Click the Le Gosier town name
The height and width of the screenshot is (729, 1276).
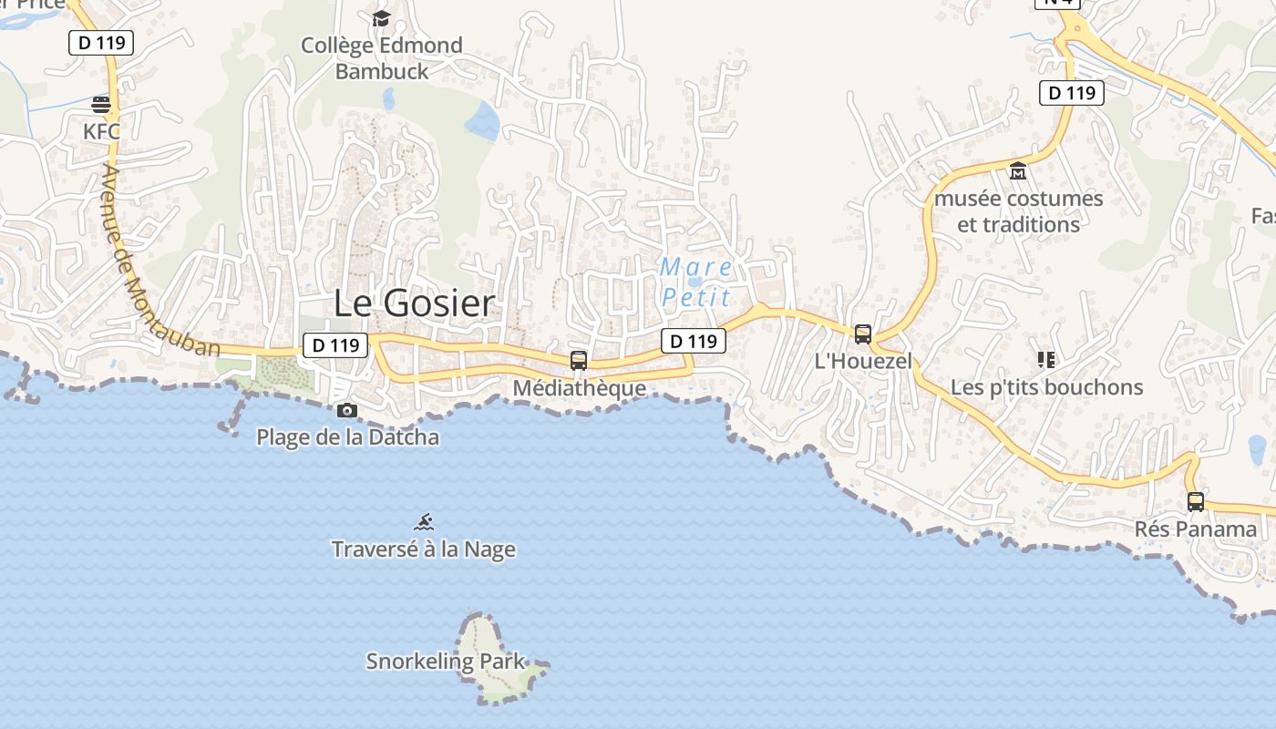point(414,303)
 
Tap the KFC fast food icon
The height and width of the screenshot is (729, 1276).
point(101,103)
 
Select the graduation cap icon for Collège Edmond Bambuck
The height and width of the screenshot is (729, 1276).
point(381,18)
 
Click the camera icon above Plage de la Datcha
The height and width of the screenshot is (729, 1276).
point(347,411)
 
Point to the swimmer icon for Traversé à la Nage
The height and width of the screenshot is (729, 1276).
point(424,522)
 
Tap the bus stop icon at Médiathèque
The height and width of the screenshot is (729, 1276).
point(579,360)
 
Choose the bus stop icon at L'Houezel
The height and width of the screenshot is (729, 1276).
point(863,334)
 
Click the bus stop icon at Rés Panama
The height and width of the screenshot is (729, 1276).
point(1196,501)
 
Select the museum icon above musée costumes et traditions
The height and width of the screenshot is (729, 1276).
point(1018,170)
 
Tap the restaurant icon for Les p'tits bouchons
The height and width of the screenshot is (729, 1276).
point(1046,360)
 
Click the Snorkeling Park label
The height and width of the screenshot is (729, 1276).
point(446,662)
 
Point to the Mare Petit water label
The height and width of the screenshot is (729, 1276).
point(696,282)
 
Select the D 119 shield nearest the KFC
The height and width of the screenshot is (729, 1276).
point(101,42)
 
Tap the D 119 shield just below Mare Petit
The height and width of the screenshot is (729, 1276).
point(693,341)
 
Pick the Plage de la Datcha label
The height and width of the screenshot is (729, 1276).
point(347,437)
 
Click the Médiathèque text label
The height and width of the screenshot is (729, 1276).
point(579,388)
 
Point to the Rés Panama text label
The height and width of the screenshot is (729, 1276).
point(1196,529)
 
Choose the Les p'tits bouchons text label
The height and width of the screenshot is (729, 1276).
point(1046,387)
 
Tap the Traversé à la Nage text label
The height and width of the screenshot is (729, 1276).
point(424,549)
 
